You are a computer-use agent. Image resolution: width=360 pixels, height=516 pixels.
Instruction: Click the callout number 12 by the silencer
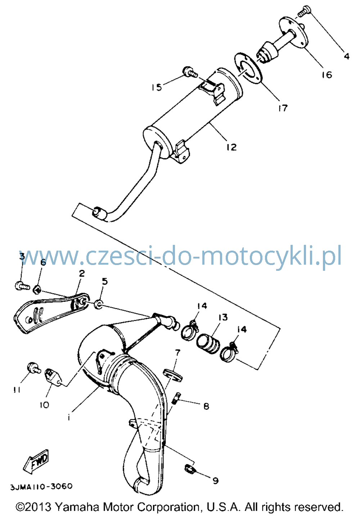[x=231, y=147]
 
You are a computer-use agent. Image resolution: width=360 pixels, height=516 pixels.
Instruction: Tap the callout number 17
[x=283, y=108]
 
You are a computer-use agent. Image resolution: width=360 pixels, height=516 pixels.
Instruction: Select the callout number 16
[x=327, y=75]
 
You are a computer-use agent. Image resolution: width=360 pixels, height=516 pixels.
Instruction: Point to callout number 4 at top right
[x=347, y=56]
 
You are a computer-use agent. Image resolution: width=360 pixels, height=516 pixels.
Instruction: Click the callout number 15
[x=157, y=87]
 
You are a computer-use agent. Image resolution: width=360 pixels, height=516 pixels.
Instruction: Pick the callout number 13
[x=223, y=317]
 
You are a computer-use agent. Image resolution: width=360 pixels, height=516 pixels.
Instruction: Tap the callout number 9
[x=215, y=481]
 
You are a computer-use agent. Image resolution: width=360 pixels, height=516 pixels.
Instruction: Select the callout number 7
[x=177, y=353]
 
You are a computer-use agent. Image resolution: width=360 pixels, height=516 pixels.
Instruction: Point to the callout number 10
[x=44, y=405]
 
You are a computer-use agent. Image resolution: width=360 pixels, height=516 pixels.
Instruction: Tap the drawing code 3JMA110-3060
[x=41, y=486]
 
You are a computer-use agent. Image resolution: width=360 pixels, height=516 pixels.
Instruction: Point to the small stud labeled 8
[x=176, y=398]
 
